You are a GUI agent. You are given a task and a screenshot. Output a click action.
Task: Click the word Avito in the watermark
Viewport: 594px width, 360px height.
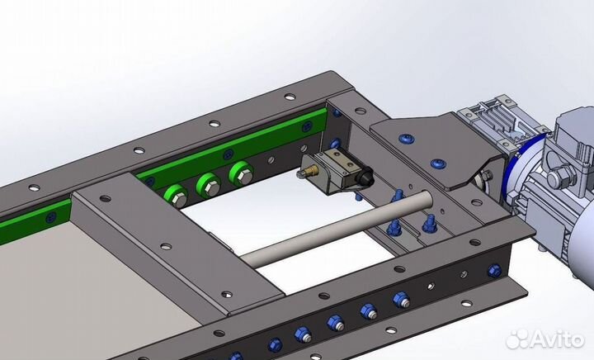556,339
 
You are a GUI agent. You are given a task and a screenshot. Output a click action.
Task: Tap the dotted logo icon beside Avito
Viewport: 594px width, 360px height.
517,339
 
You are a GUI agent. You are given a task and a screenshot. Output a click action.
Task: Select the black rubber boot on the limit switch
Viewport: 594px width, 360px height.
365,177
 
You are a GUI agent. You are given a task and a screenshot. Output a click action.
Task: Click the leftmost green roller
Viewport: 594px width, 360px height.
176,196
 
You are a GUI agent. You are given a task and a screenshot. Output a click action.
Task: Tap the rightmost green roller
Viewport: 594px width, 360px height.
241,173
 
